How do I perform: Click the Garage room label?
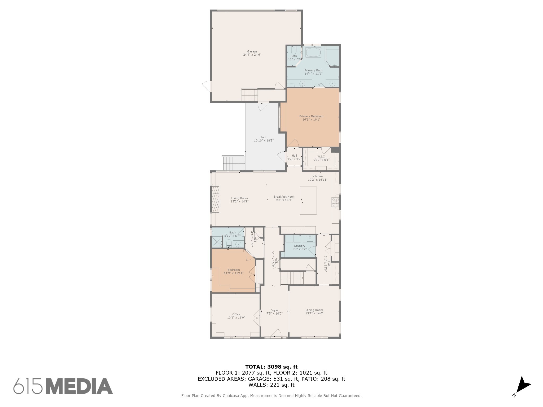(252, 51)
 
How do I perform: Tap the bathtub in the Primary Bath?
(313, 52)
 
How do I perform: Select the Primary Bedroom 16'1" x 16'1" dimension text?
(311, 120)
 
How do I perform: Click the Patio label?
(264, 137)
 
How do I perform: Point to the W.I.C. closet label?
(321, 156)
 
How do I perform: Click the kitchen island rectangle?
(308, 200)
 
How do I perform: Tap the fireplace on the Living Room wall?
(215, 199)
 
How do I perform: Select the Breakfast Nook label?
(284, 197)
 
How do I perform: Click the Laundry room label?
(299, 246)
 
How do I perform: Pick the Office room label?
(236, 314)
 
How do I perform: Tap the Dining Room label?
(314, 310)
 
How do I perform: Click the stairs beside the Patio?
(234, 163)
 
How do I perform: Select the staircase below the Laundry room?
(292, 278)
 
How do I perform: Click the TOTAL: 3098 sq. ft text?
(271, 367)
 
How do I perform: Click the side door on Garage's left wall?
(206, 86)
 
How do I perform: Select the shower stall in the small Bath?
(216, 242)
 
